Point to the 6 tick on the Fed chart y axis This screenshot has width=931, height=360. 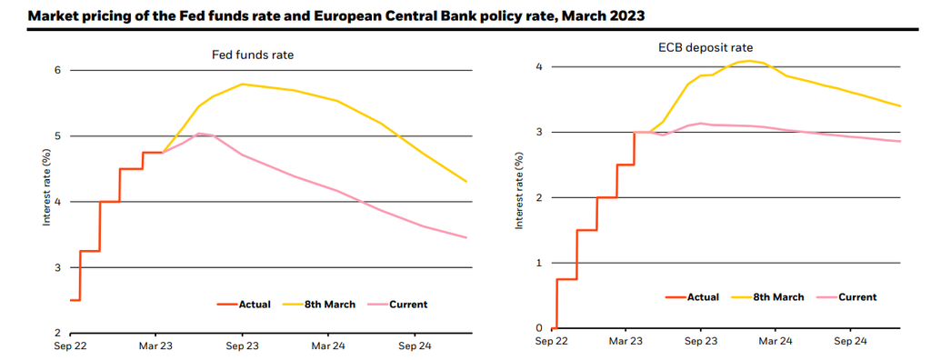[57, 70]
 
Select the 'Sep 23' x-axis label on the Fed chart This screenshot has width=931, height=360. [242, 346]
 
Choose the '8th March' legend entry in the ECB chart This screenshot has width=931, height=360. [778, 296]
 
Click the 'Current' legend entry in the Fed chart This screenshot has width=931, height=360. [408, 304]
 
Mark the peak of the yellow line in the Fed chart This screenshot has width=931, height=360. [242, 85]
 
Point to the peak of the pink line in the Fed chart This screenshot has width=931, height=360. [199, 134]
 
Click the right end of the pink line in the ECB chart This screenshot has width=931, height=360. [900, 141]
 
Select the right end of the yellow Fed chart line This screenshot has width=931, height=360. [466, 182]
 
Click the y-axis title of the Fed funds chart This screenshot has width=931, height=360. [46, 189]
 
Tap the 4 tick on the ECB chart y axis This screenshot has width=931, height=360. [538, 66]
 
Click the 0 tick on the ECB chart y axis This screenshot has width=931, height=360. [538, 328]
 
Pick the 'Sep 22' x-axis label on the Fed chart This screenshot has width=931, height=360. [70, 346]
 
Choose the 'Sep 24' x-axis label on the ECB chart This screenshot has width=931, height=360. [851, 341]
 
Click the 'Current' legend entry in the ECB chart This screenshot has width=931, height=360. [857, 296]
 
